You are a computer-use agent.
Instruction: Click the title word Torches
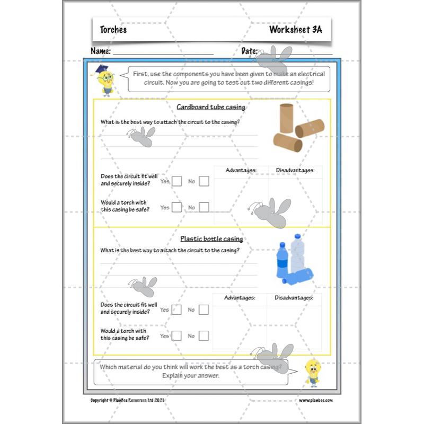[113, 30]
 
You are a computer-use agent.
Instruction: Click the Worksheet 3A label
[295, 30]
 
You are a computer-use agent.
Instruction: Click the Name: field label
[101, 51]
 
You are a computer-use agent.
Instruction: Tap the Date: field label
[250, 51]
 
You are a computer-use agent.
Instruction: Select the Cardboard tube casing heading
[210, 107]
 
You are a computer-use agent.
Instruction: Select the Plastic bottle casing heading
[211, 238]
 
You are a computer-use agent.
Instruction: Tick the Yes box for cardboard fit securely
[177, 181]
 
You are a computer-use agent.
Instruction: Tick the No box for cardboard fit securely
[204, 181]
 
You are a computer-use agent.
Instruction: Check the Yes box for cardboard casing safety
[177, 207]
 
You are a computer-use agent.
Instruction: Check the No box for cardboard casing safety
[204, 207]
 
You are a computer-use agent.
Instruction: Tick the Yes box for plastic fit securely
[177, 310]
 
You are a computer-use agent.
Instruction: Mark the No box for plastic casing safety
[204, 335]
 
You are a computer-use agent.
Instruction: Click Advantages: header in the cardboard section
[241, 170]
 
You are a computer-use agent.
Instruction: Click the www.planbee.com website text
[316, 400]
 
